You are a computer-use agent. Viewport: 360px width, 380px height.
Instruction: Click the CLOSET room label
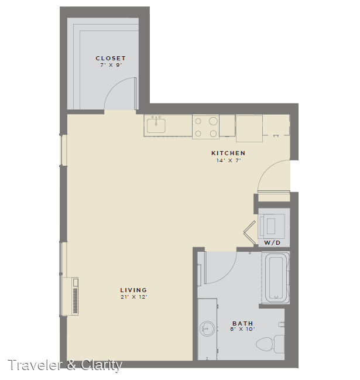(x=111, y=58)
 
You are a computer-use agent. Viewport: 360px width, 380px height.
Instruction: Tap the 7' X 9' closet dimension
(x=111, y=65)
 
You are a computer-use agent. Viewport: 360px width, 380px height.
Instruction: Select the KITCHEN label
(x=228, y=153)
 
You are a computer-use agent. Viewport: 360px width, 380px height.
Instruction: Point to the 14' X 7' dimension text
(x=228, y=160)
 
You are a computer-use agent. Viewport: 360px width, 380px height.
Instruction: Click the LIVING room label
(x=133, y=290)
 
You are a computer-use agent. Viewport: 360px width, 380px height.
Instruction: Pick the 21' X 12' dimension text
(x=134, y=297)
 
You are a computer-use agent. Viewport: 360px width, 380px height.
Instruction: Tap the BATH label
(x=243, y=323)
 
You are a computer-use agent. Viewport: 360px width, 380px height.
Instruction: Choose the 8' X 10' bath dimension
(x=243, y=329)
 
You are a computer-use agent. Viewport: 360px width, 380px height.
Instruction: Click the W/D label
(x=272, y=242)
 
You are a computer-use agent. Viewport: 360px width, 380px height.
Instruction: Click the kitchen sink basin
(x=156, y=125)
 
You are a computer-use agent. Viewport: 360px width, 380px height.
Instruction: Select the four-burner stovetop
(x=205, y=126)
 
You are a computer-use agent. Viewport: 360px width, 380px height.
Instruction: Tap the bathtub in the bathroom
(x=276, y=278)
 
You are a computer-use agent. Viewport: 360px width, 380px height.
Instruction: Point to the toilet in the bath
(x=270, y=344)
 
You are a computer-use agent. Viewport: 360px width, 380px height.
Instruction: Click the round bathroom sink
(x=207, y=328)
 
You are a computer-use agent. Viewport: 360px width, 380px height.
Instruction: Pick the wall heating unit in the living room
(x=70, y=296)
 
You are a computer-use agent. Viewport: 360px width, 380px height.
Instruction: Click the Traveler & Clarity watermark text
(x=65, y=365)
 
